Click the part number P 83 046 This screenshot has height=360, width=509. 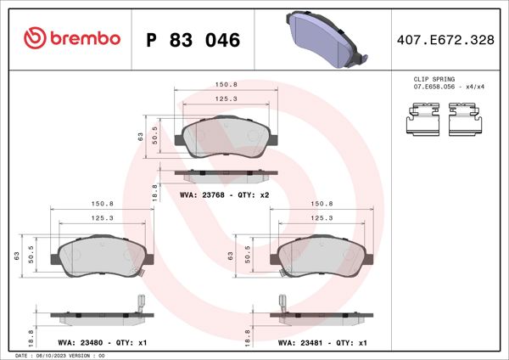coord(193,40)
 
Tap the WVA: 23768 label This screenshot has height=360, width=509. coord(202,194)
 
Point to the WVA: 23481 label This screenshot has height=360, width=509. coord(298,343)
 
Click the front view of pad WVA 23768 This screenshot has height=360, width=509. coord(225,138)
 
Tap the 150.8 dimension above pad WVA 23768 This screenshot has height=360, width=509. coord(225,85)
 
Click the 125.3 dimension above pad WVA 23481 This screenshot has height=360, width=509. coord(321,218)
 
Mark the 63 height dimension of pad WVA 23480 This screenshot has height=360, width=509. coord(17,256)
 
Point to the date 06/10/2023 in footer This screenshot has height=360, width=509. coord(51,356)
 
